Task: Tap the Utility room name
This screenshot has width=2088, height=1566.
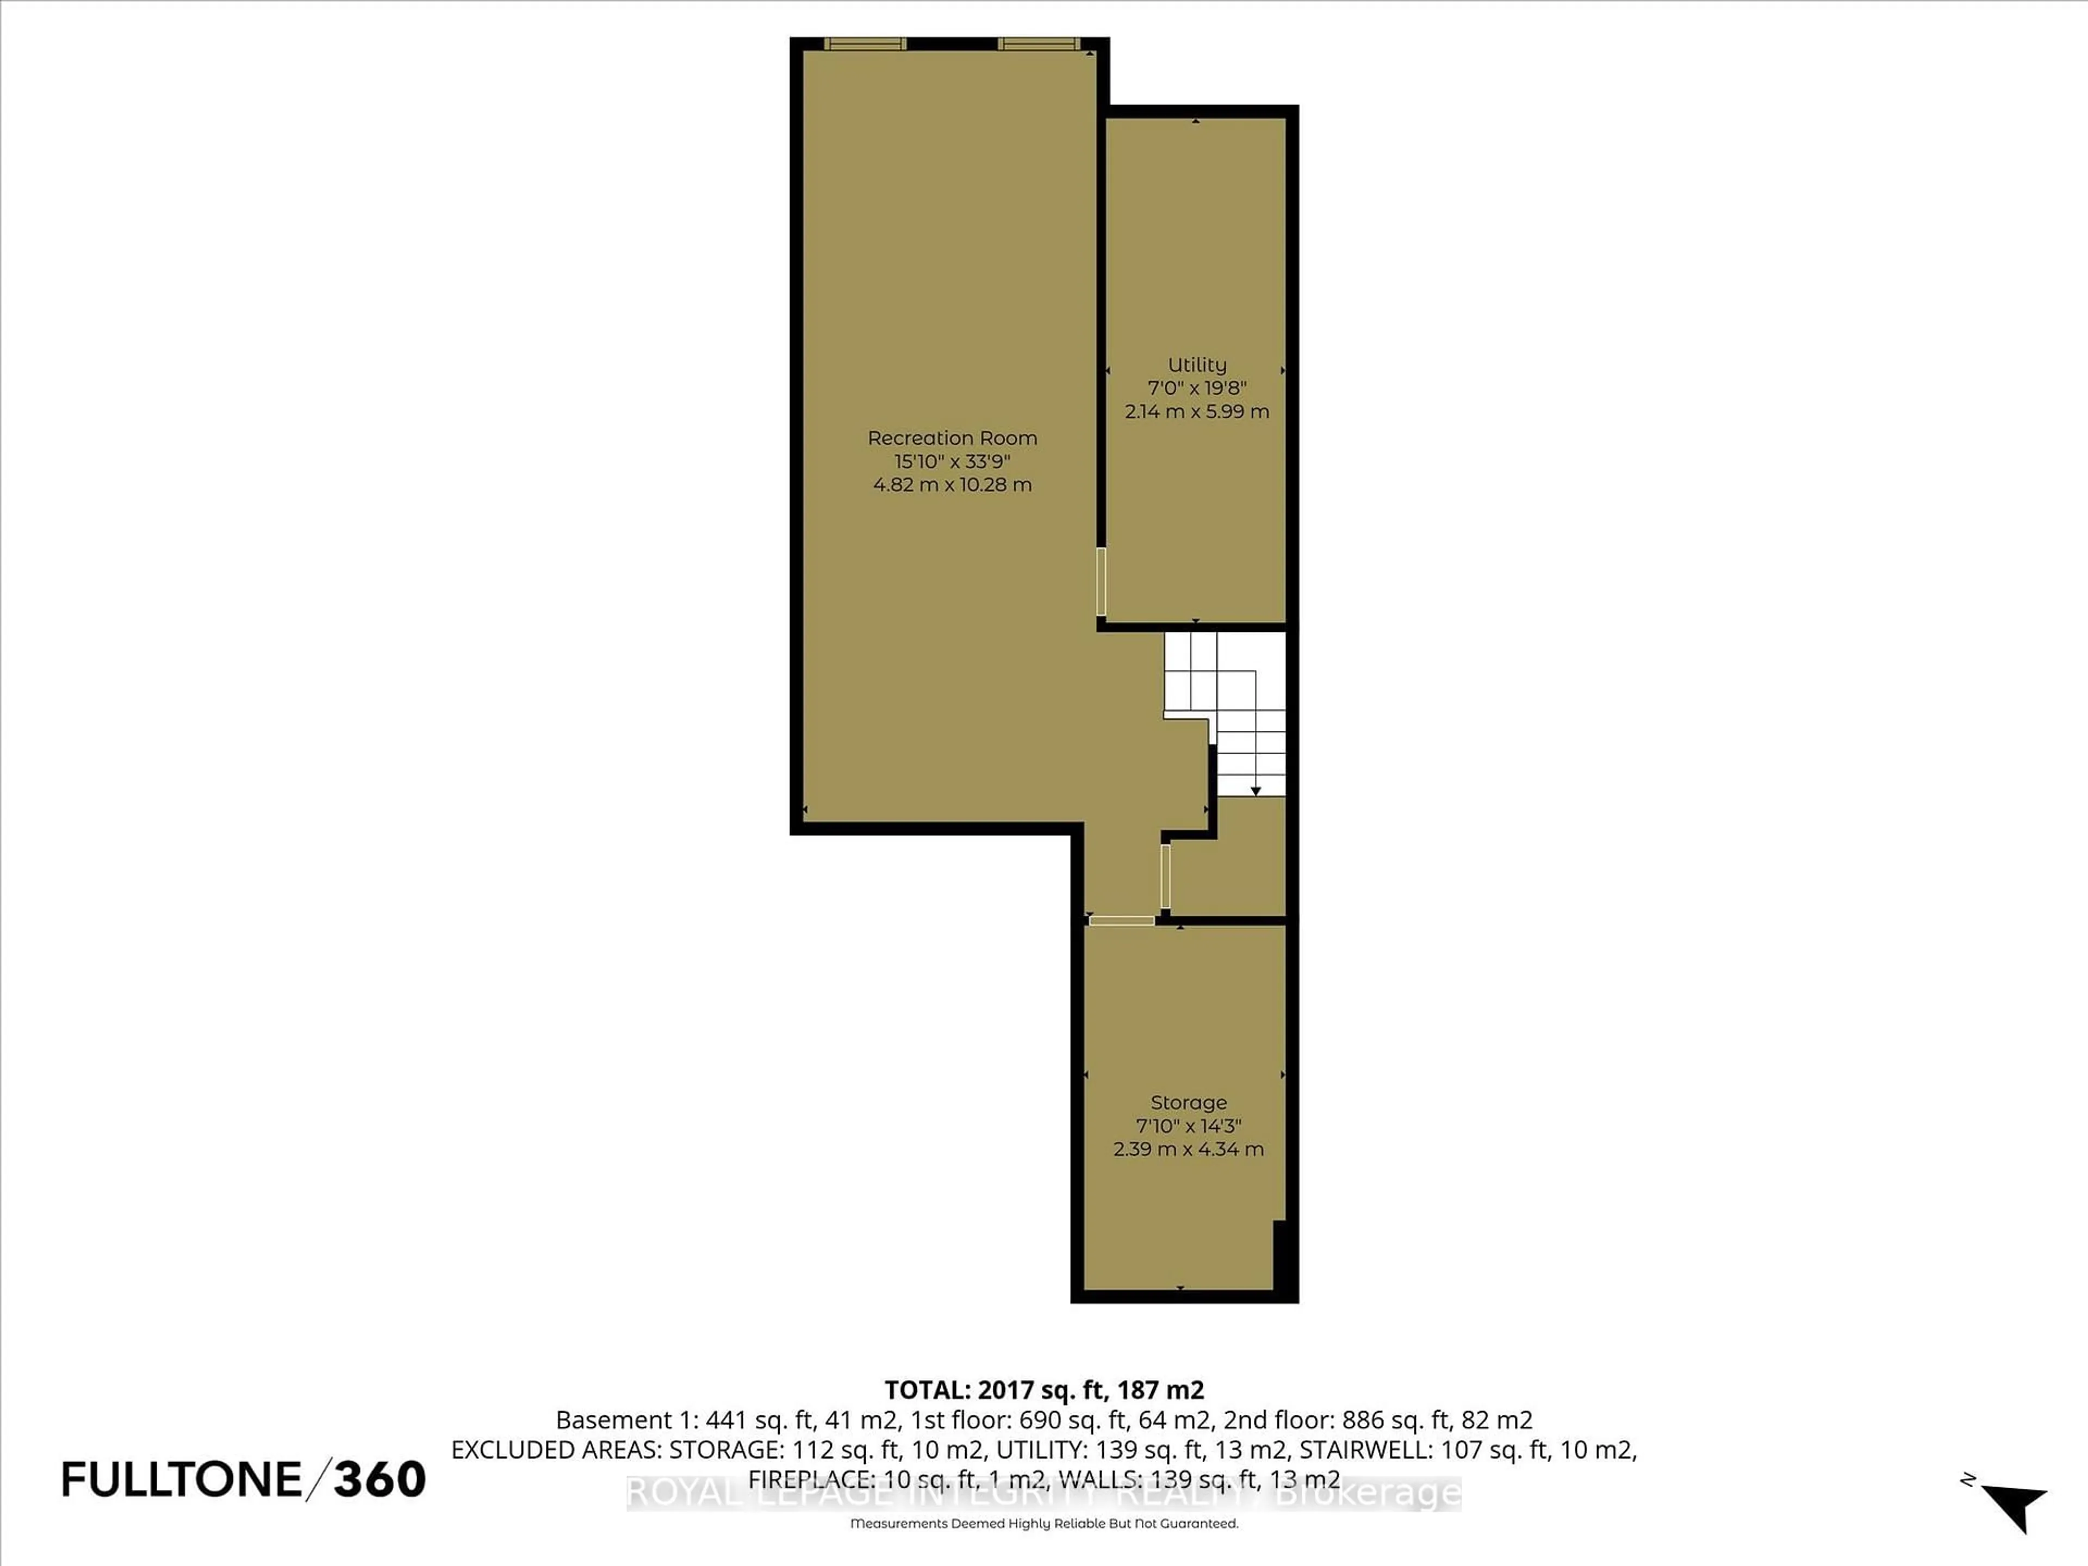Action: point(1197,364)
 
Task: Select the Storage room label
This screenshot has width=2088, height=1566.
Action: point(1189,1103)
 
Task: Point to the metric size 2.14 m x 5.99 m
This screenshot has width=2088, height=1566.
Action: point(1197,412)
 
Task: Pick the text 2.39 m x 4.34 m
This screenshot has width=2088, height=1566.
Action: point(1189,1149)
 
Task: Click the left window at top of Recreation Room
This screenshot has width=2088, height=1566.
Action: point(865,43)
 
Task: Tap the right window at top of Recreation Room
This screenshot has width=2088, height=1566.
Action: point(1039,43)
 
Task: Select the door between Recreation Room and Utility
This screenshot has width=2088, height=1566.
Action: point(1101,581)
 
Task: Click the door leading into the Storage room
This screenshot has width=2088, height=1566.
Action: point(1121,921)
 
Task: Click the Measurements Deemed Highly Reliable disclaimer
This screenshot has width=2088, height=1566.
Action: point(1044,1524)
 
